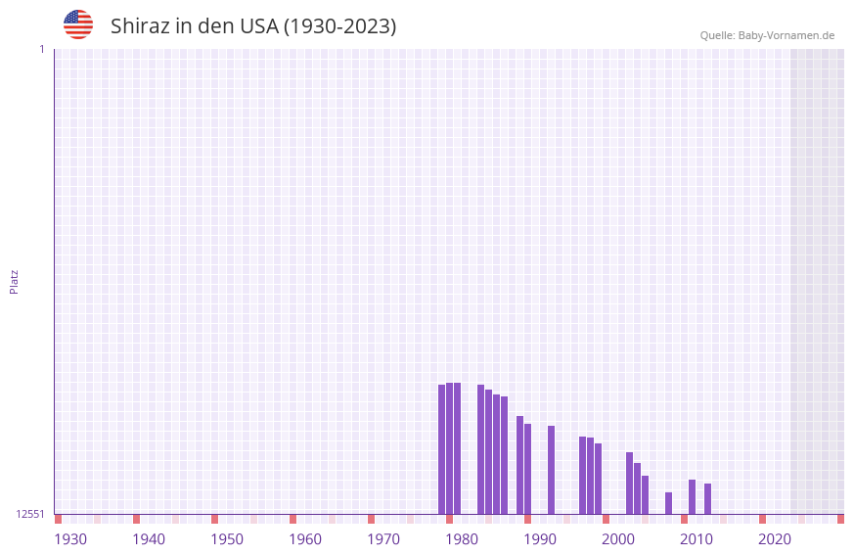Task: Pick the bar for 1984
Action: tap(481, 449)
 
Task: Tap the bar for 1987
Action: tap(505, 455)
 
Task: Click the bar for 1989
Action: tap(520, 465)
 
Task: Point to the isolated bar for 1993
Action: tap(552, 470)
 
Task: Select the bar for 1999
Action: tap(599, 479)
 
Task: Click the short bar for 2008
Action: tap(669, 503)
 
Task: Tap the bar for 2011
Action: tap(693, 496)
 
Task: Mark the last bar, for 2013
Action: tap(708, 498)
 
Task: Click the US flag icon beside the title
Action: tap(78, 24)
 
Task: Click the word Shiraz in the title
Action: tap(141, 26)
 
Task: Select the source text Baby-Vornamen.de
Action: tap(786, 35)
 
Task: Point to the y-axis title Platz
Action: tap(14, 281)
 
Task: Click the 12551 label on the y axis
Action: tap(30, 514)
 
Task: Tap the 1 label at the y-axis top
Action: tap(41, 49)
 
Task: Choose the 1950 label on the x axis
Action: tap(227, 539)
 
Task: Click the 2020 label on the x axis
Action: tap(775, 539)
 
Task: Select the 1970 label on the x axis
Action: tap(383, 539)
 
